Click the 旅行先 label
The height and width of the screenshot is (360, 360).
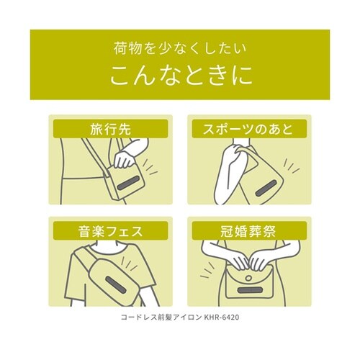click(110, 130)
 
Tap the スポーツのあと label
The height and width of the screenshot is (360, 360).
click(248, 130)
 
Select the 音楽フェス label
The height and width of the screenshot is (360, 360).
click(110, 232)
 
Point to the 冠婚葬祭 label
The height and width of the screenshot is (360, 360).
click(248, 232)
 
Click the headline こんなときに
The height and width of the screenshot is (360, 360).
click(180, 75)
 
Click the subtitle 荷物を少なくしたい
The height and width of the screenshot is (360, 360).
click(180, 48)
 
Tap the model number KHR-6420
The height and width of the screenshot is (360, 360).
click(221, 318)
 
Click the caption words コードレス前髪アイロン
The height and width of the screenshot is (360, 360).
click(161, 318)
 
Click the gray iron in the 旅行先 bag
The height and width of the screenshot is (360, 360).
click(129, 182)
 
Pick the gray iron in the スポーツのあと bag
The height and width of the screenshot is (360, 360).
click(266, 189)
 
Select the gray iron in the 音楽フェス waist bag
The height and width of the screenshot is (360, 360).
click(116, 284)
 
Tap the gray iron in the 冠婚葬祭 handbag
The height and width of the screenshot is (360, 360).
click(250, 289)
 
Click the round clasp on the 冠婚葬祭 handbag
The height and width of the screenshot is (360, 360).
click(249, 278)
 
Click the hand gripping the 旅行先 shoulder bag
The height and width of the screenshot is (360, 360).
click(124, 159)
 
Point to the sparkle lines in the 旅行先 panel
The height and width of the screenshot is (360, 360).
click(150, 168)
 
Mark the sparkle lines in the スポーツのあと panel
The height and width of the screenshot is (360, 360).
click(291, 166)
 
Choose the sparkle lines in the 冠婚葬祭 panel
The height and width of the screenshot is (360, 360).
click(207, 271)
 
